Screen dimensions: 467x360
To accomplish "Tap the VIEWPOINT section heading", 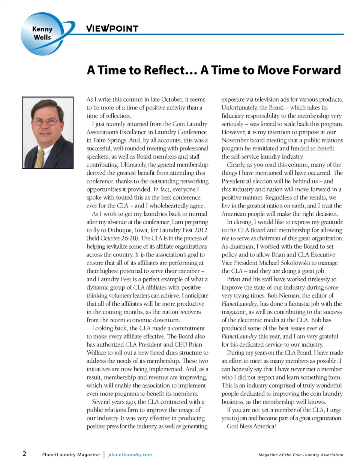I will [112, 29].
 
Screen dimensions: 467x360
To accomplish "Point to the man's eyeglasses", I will [46, 122].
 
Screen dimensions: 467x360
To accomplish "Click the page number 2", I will [24, 454].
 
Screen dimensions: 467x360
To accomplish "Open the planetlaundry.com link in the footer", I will [130, 455].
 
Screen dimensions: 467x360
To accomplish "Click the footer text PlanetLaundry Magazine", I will [71, 455].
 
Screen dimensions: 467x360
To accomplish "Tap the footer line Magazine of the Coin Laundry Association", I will [301, 455].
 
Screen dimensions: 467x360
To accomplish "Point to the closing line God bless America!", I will [251, 426].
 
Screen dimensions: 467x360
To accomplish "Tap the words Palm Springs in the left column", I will [110, 140].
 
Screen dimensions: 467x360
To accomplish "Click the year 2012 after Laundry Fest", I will [199, 230].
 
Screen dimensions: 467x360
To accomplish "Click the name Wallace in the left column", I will [96, 353].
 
